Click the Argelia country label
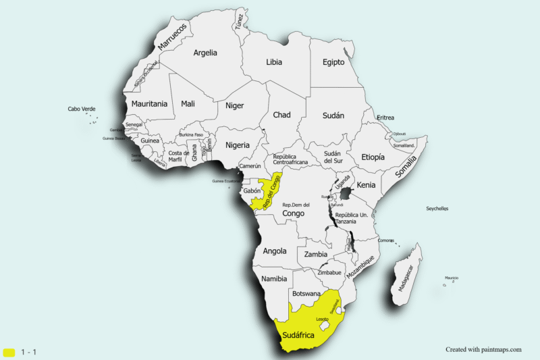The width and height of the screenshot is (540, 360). click(x=205, y=53)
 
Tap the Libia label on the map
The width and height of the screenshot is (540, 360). click(x=274, y=62)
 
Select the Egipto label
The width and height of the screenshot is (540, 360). click(x=333, y=62)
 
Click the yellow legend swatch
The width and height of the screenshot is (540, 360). click(x=9, y=352)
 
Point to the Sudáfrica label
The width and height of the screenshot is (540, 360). click(x=299, y=334)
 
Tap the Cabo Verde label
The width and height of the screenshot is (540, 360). click(x=82, y=109)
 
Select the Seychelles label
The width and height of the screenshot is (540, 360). click(x=437, y=209)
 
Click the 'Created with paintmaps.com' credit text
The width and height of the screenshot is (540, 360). click(x=483, y=349)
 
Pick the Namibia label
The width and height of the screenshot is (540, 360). click(x=273, y=279)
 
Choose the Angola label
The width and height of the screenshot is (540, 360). click(x=275, y=251)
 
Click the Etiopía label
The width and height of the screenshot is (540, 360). click(x=373, y=157)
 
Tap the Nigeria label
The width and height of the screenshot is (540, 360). click(x=237, y=145)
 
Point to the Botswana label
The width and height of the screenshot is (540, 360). click(x=306, y=294)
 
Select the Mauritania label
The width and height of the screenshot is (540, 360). click(x=149, y=104)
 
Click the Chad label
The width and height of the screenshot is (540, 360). click(x=281, y=115)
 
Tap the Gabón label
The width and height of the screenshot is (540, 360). click(x=252, y=191)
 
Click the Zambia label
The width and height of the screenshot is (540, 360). click(x=316, y=255)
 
